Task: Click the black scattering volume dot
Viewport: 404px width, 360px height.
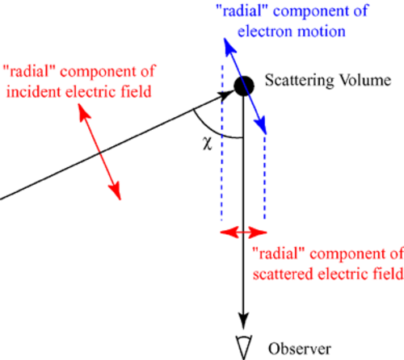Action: [x=244, y=86]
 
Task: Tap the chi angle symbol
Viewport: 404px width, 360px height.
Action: [x=208, y=143]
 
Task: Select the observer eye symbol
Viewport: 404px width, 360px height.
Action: [x=244, y=347]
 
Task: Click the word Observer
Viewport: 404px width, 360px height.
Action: [x=300, y=349]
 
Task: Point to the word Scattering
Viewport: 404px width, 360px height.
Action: [x=299, y=81]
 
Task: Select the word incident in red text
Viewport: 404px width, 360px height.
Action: [x=34, y=92]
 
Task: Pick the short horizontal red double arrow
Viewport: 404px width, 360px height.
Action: [x=243, y=232]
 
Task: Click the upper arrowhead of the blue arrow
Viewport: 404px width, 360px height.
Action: [x=229, y=46]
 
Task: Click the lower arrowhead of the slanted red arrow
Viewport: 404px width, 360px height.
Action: [x=116, y=191]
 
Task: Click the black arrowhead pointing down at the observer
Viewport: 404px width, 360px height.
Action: [x=244, y=321]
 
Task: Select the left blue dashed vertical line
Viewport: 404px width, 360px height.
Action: [x=221, y=143]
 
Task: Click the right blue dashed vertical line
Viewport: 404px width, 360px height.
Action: [x=265, y=177]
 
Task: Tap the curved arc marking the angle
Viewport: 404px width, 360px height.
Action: [x=213, y=130]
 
